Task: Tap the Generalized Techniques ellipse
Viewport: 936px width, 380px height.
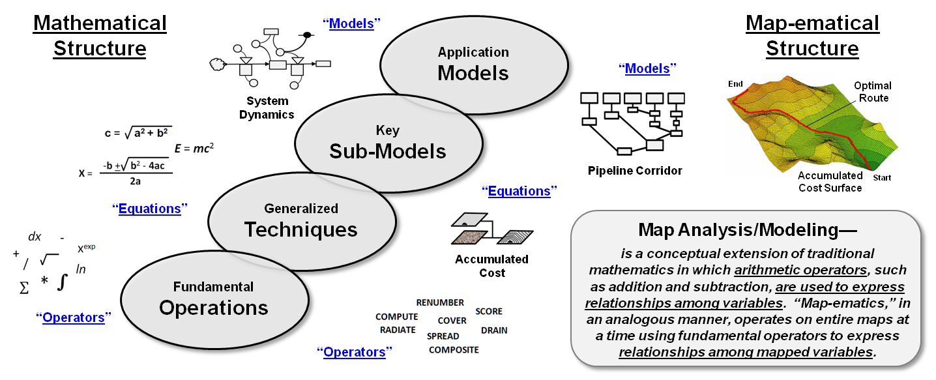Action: [301, 220]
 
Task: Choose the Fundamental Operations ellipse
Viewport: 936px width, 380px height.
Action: [213, 299]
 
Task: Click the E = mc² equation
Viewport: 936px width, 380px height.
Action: [194, 149]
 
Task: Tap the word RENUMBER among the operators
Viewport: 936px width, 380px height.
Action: [440, 302]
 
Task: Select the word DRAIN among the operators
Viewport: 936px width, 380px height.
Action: [494, 330]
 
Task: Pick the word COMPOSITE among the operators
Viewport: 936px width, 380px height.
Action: [454, 350]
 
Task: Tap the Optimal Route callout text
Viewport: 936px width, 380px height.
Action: [873, 92]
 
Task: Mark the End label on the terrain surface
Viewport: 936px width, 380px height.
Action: [735, 84]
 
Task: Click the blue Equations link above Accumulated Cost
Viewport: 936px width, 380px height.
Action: [519, 191]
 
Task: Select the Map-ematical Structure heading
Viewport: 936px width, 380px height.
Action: [812, 36]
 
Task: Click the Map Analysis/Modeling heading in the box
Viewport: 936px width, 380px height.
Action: [747, 230]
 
